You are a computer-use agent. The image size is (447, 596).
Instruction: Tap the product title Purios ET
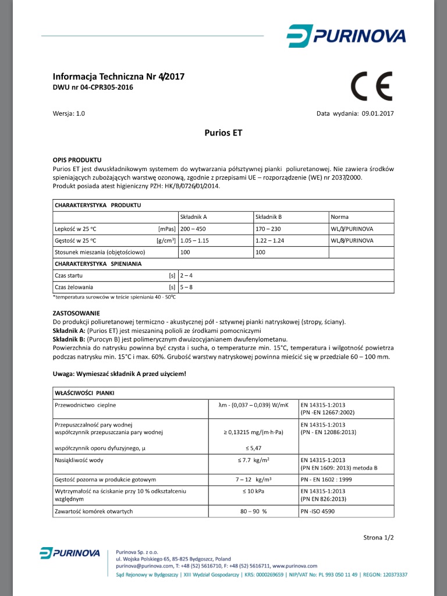click(223, 133)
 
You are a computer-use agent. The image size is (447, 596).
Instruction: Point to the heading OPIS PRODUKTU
click(77, 159)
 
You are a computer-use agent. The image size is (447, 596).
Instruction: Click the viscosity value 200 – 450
click(194, 229)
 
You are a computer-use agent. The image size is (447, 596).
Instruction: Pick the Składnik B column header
click(268, 217)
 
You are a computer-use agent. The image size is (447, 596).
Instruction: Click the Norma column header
click(339, 217)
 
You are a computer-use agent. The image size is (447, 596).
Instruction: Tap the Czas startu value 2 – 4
click(186, 275)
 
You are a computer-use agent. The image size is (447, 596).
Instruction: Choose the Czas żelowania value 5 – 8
click(186, 287)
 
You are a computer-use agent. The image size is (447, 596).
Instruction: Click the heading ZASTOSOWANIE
click(76, 313)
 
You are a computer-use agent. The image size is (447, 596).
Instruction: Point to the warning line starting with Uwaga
click(119, 373)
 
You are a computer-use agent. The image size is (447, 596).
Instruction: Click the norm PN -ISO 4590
click(318, 511)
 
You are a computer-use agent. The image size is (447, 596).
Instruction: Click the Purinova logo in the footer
click(69, 553)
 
